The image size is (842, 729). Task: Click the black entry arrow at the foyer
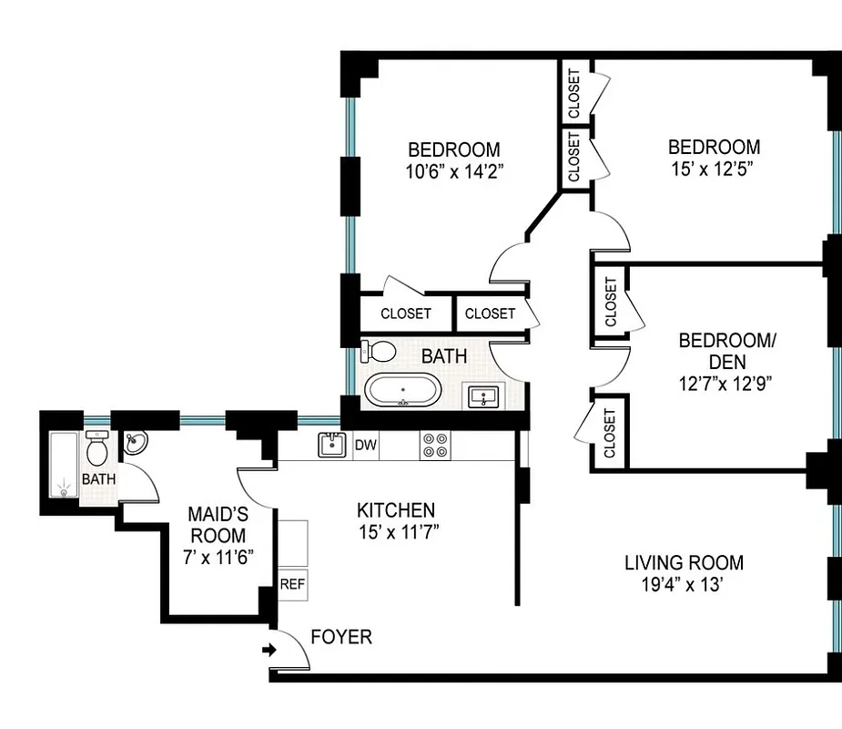(269, 651)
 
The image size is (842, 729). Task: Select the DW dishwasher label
(365, 446)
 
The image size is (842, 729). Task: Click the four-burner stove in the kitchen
(434, 446)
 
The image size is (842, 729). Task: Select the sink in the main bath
(482, 395)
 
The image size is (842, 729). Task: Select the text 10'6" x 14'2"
(453, 169)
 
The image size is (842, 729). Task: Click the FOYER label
(341, 637)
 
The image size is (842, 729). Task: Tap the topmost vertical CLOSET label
(574, 94)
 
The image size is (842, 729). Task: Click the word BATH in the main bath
(443, 356)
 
